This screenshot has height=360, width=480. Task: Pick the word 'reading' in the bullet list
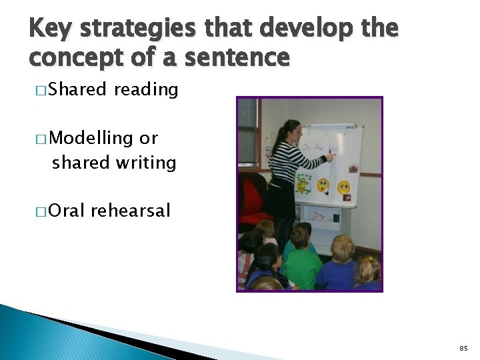pyautogui.click(x=146, y=89)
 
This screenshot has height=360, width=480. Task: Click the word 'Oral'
pyautogui.click(x=67, y=211)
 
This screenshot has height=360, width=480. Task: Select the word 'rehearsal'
pyautogui.click(x=131, y=211)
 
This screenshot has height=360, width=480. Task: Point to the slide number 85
pyautogui.click(x=464, y=348)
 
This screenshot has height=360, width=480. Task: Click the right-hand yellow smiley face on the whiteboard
pyautogui.click(x=343, y=187)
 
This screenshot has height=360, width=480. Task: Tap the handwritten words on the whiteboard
pyautogui.click(x=319, y=147)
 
